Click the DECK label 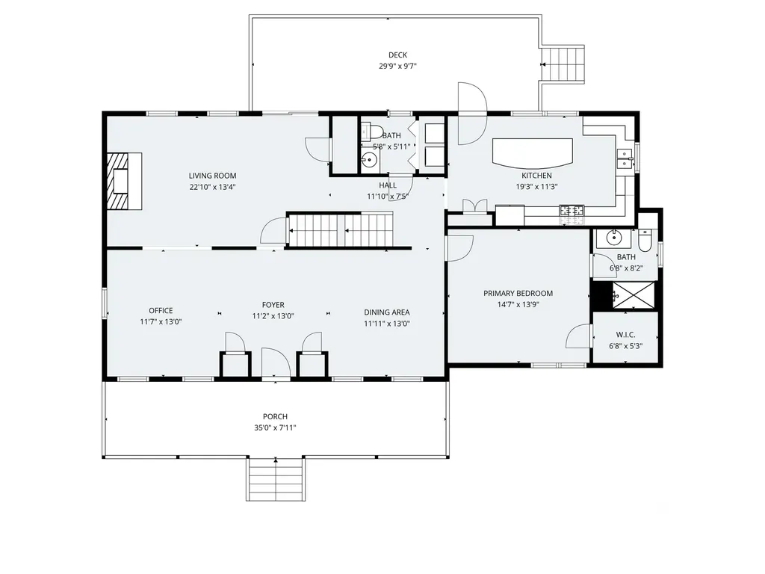point(397,55)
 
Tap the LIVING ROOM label point(213,176)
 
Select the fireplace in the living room point(125,181)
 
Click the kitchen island point(532,152)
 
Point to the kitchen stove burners point(572,211)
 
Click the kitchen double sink point(624,158)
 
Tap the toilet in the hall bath point(371,132)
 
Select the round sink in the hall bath point(370,160)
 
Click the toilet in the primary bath point(645,239)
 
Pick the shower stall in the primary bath point(634,294)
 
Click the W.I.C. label point(625,335)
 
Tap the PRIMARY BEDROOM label point(518,293)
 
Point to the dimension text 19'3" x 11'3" point(536,186)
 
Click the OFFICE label point(161,310)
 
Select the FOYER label point(273,305)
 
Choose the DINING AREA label point(387,312)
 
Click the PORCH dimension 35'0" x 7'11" point(275,428)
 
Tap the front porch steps point(276,479)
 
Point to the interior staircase point(341,229)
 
